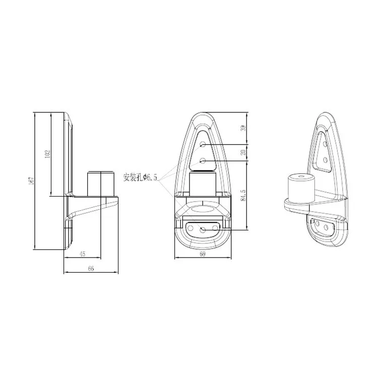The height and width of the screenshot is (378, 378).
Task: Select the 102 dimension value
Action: click(47, 153)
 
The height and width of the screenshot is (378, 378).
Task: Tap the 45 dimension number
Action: click(82, 254)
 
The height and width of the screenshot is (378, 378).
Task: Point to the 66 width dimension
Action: click(91, 269)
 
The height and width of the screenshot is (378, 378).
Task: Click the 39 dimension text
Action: click(243, 129)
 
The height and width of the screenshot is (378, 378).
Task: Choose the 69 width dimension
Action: click(203, 255)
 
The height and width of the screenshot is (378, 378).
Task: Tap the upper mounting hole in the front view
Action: click(203, 145)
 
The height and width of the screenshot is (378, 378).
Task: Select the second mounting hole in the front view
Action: click(203, 161)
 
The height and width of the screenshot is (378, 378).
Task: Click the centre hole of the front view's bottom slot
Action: click(203, 230)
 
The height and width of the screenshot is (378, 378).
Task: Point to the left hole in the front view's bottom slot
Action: click(192, 228)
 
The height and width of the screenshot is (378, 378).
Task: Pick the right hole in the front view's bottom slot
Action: click(214, 228)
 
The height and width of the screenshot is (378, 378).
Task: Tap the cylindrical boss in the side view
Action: click(101, 183)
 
